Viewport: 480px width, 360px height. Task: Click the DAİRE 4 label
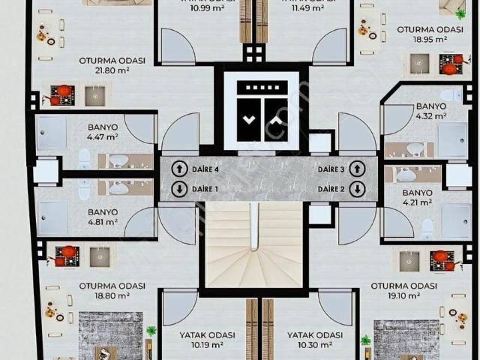click(205, 169)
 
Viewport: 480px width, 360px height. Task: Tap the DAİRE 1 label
click(205, 189)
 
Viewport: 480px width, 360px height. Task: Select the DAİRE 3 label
click(331, 169)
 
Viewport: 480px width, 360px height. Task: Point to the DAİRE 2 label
click(331, 189)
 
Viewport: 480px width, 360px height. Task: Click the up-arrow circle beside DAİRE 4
click(179, 169)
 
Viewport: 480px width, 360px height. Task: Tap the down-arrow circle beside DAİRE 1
click(179, 189)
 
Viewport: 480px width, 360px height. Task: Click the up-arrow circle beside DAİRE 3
click(358, 169)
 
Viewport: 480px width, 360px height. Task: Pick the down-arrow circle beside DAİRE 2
click(358, 189)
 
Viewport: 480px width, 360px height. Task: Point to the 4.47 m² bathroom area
click(102, 137)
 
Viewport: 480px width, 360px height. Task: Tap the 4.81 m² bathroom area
click(102, 222)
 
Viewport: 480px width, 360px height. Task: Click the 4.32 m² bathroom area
click(430, 116)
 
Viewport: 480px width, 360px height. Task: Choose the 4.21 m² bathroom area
click(418, 202)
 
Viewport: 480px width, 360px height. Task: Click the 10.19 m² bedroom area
click(207, 345)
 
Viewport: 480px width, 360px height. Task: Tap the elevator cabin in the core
click(259, 111)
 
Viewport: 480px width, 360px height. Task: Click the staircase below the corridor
click(253, 244)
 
